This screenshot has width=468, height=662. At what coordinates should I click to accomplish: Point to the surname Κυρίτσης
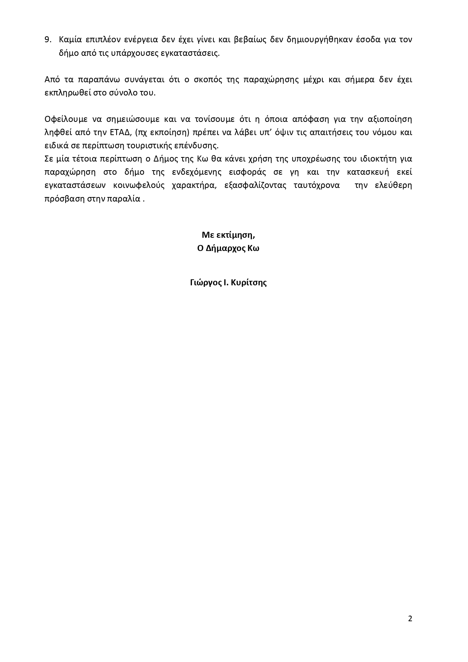pos(249,283)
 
